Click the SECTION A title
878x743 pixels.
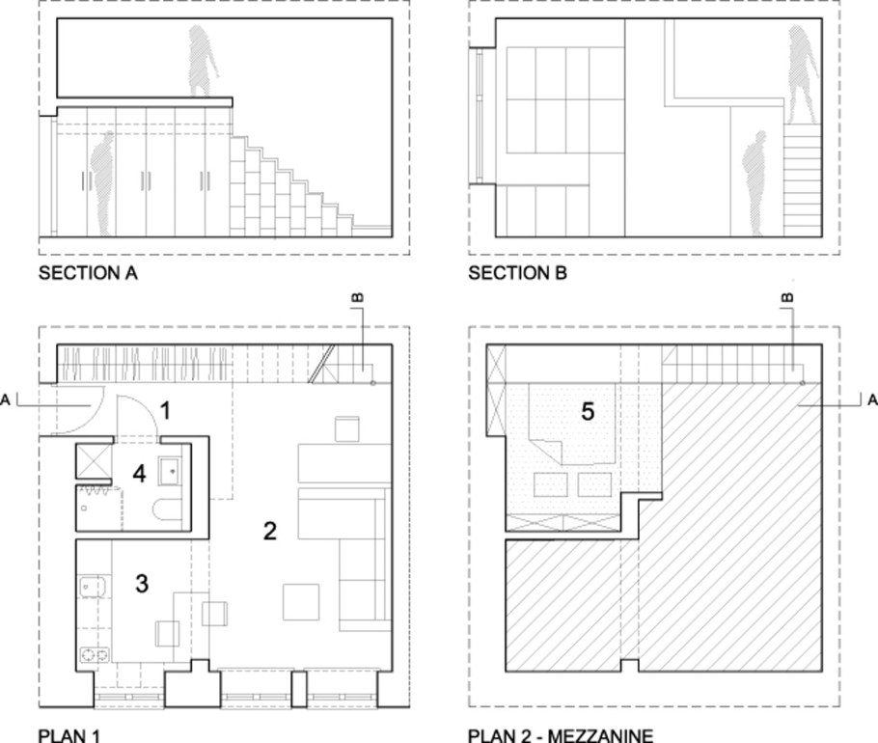88,273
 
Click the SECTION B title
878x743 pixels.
518,273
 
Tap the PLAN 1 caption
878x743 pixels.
69,735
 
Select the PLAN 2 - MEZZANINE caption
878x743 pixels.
561,735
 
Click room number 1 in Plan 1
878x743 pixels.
165,411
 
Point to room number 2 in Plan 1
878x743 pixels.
270,531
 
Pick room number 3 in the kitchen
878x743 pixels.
142,584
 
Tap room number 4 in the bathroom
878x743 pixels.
140,474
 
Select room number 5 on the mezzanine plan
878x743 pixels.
588,411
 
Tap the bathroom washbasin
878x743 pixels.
171,472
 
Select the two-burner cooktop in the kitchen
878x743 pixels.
95,654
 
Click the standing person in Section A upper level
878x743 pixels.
203,61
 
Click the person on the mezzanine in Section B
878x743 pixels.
803,74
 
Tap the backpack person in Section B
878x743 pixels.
755,183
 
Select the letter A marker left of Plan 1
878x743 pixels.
6,400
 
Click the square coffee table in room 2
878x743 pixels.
301,602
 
